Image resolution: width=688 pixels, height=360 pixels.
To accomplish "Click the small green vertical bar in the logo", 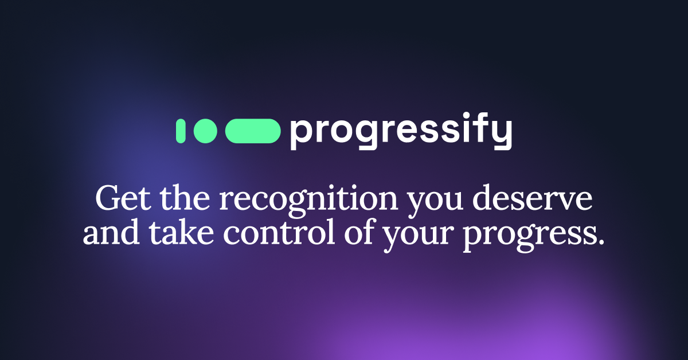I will click(x=180, y=131).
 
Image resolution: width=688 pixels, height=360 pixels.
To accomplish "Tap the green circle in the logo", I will click(x=205, y=131).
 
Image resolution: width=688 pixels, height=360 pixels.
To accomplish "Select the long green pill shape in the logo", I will click(x=253, y=131).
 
